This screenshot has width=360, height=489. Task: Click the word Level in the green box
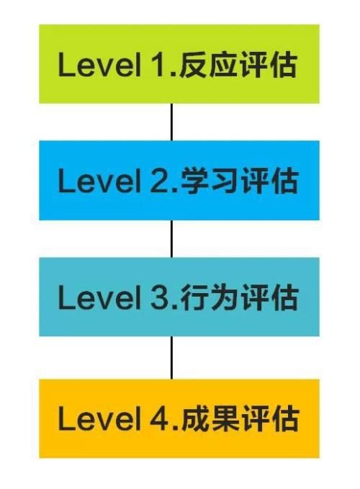coord(99,64)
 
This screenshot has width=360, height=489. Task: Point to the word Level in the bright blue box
coord(99,181)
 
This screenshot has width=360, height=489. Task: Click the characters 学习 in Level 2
coord(209,181)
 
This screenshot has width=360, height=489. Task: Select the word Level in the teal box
coord(99,297)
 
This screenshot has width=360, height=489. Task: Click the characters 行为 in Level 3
coord(209,297)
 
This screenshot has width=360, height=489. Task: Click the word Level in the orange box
coord(99,419)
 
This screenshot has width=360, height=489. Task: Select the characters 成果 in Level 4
coord(209,419)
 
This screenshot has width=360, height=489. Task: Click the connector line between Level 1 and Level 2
coord(171,122)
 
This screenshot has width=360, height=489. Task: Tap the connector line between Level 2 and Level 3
coord(171,238)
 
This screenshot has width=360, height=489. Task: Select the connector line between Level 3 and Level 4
coord(171,358)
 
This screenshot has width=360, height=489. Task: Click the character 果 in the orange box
coord(223,419)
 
